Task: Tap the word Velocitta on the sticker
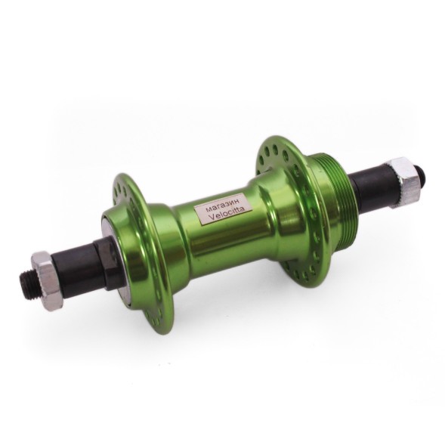pyautogui.click(x=226, y=215)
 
